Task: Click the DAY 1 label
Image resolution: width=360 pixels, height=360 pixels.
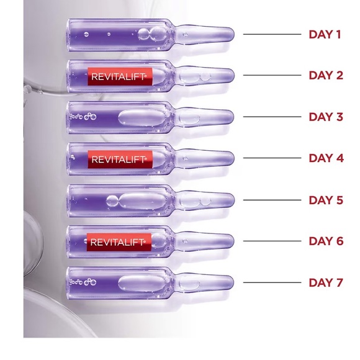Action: [325, 34]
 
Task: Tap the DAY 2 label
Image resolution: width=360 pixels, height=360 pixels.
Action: [325, 76]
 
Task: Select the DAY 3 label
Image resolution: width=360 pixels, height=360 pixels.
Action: [325, 117]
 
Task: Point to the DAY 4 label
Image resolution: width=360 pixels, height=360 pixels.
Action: [325, 158]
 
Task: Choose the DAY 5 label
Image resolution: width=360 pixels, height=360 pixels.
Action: [325, 200]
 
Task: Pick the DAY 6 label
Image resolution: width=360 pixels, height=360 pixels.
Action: [325, 241]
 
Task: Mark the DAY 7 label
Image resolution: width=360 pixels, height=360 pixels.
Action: [325, 283]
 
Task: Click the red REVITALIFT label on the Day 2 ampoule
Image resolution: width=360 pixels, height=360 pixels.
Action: [118, 76]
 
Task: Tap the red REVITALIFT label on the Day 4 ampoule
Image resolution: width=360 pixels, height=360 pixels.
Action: [118, 159]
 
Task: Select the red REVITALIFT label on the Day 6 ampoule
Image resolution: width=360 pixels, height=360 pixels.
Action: [118, 241]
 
